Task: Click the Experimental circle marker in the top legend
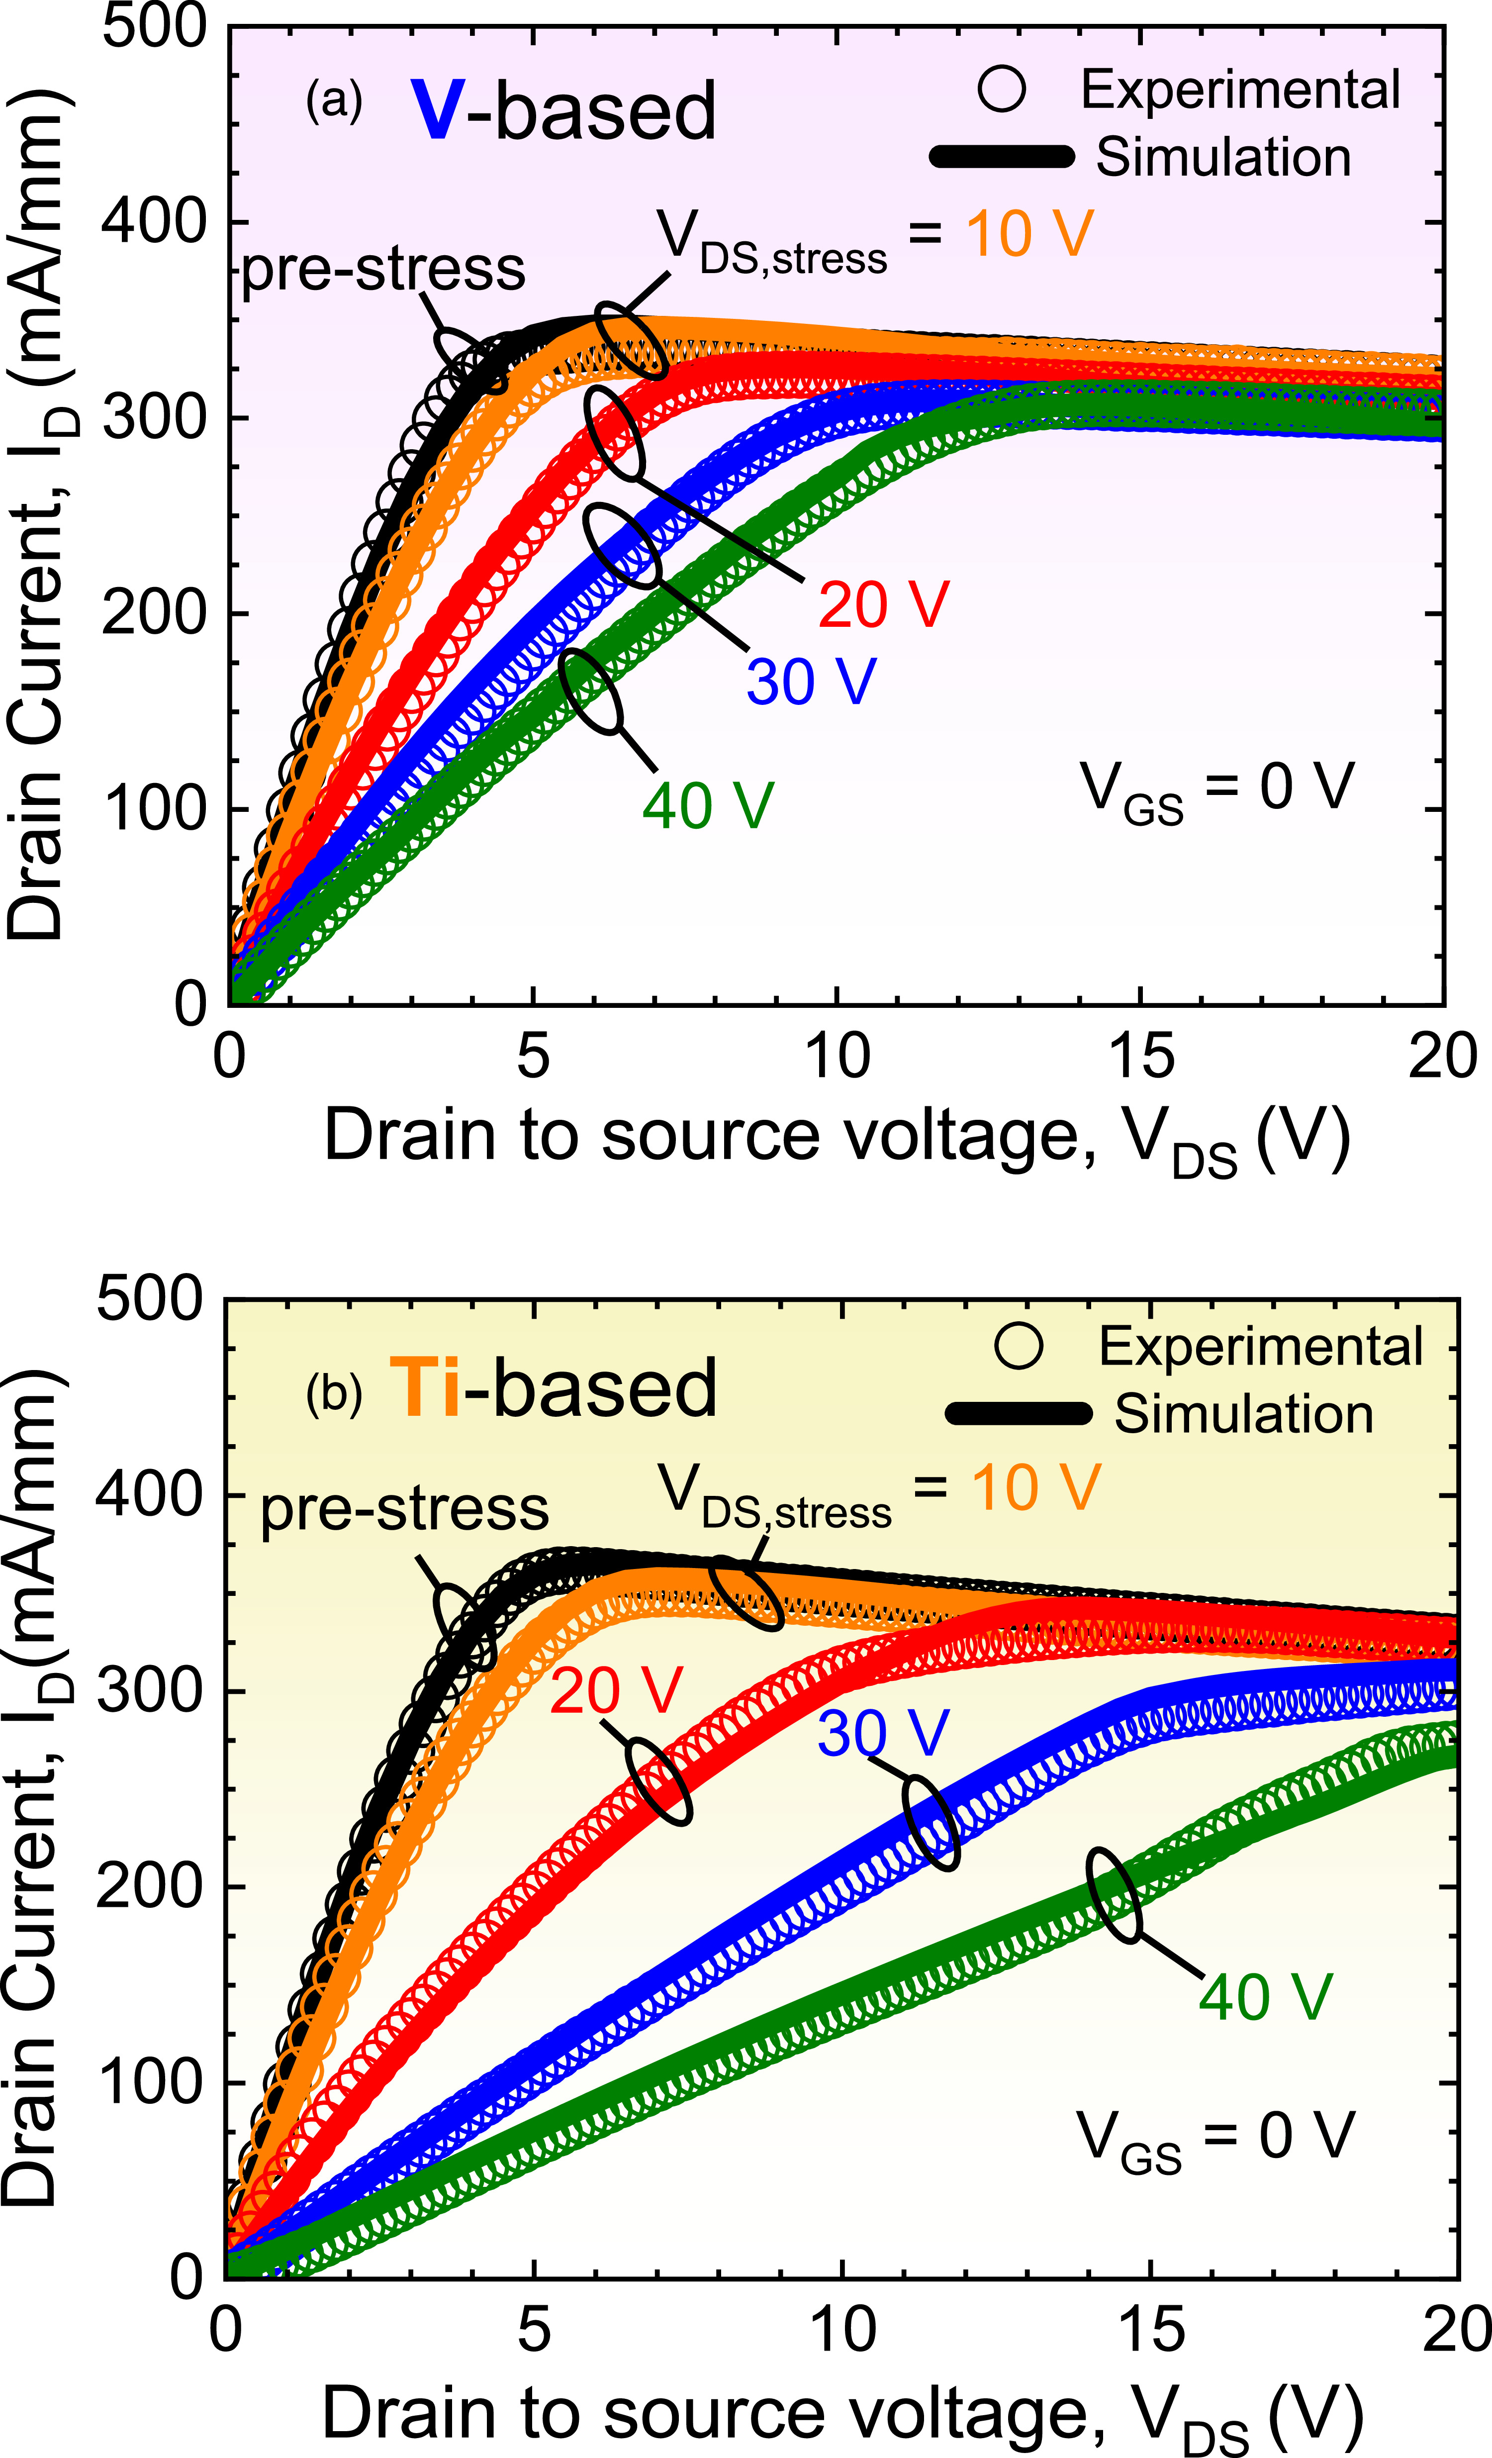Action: click(1001, 88)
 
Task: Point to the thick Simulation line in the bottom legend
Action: click(1018, 1413)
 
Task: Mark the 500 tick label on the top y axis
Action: click(154, 27)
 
